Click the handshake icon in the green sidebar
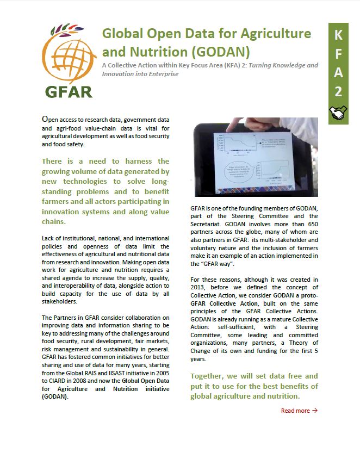pos(338,113)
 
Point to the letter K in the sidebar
pos(338,36)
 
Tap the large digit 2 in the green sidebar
pos(338,91)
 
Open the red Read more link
pos(295,411)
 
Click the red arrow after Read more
pos(315,411)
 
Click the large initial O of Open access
pos(46,119)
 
